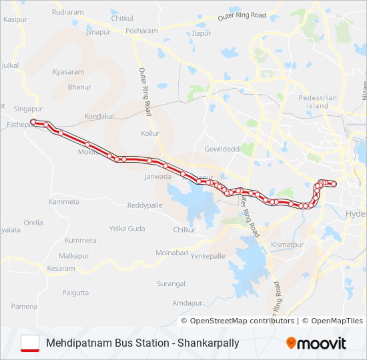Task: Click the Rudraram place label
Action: [x=67, y=12]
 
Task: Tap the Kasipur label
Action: [x=14, y=20]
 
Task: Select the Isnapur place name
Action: [x=98, y=32]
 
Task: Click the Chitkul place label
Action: [x=122, y=18]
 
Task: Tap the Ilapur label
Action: [x=201, y=33]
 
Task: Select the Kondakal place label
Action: [x=100, y=116]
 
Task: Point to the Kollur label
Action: [x=151, y=133]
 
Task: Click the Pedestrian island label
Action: [x=318, y=102]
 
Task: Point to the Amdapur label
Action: [x=187, y=303]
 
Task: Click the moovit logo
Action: [x=316, y=343]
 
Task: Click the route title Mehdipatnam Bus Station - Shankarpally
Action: [x=143, y=343]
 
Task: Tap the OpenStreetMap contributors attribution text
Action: [x=242, y=321]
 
